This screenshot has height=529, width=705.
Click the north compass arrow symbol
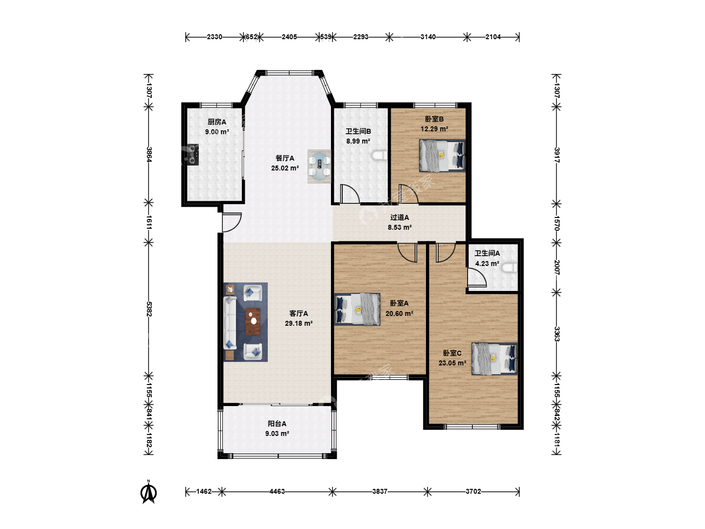(149, 492)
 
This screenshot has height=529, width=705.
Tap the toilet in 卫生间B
(379, 155)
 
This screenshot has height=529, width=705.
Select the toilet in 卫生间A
(510, 267)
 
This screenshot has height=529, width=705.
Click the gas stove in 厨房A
(193, 154)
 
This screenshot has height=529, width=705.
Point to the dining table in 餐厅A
(319, 167)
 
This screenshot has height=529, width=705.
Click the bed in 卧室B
(442, 155)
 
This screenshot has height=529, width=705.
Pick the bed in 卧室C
(494, 359)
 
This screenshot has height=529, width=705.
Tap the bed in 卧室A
(357, 309)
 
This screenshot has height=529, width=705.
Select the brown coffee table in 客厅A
(253, 321)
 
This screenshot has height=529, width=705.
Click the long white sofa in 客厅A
(230, 322)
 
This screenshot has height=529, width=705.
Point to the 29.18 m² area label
(299, 323)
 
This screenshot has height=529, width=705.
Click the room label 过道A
(399, 217)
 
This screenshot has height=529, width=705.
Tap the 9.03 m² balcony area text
(277, 433)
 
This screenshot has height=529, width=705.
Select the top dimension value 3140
(428, 37)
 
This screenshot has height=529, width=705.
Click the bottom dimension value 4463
(277, 491)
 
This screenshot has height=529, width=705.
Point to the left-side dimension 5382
(149, 309)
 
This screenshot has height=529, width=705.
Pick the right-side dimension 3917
(557, 155)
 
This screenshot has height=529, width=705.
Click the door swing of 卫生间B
(350, 193)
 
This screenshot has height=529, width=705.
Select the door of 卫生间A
(477, 277)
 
